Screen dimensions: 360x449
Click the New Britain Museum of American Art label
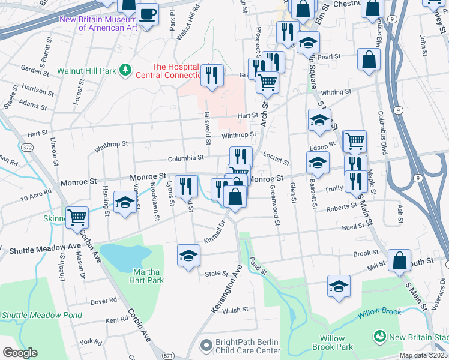pyautogui.click(x=98, y=23)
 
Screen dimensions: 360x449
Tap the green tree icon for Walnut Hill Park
pyautogui.click(x=125, y=71)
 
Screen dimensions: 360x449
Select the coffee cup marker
pyautogui.click(x=146, y=14)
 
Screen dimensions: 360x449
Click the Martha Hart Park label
pyautogui.click(x=147, y=276)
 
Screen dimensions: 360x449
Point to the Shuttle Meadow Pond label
pyautogui.click(x=41, y=315)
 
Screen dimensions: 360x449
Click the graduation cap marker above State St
pyautogui.click(x=188, y=255)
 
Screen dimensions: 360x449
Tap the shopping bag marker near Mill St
pyautogui.click(x=399, y=260)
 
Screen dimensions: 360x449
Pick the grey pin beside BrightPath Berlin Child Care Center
pyautogui.click(x=206, y=346)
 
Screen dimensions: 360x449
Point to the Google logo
pyautogui.click(x=20, y=353)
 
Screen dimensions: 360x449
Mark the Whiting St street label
pyautogui.click(x=336, y=92)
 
